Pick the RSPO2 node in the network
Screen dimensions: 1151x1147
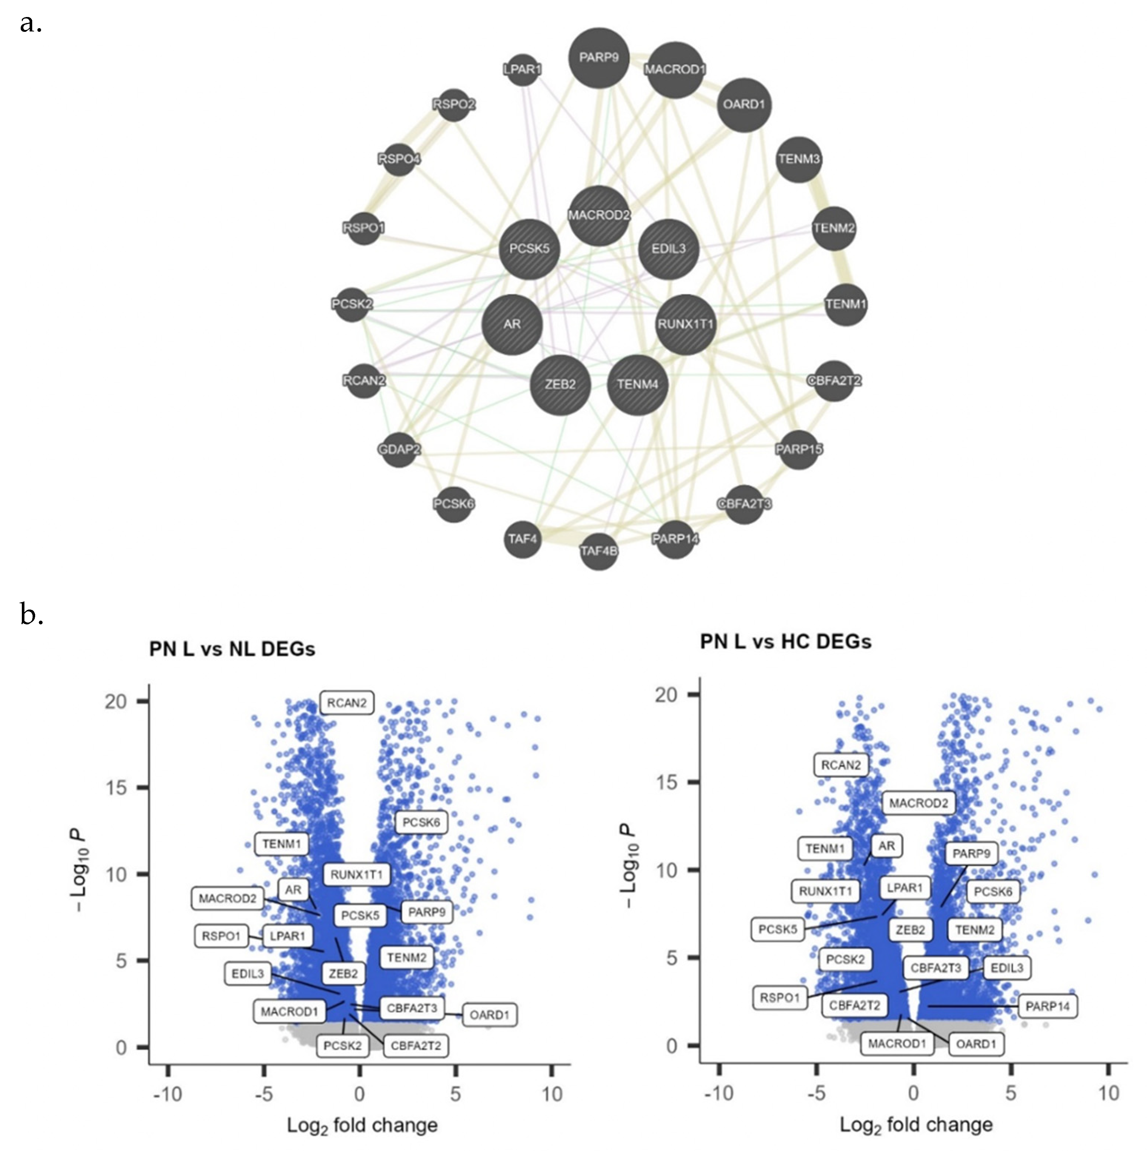(x=454, y=104)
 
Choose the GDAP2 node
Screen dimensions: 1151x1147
(x=399, y=449)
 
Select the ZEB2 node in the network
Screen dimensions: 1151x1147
(x=560, y=384)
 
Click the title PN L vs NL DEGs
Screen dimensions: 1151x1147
(x=232, y=649)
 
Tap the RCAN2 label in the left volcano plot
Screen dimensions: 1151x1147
(x=347, y=703)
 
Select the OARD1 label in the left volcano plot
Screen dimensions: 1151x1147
(x=489, y=1014)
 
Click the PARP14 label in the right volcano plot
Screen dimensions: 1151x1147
(x=1047, y=1006)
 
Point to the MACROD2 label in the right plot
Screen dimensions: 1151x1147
(x=918, y=803)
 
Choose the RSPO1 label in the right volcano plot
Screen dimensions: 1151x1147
(x=779, y=997)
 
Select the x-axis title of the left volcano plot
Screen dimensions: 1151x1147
(x=362, y=1125)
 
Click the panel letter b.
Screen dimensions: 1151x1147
(x=31, y=614)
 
